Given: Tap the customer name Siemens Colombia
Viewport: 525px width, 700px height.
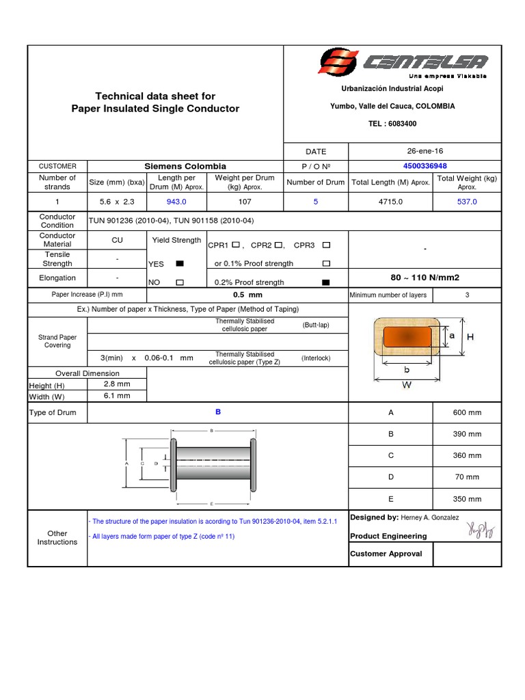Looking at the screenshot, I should pos(185,166).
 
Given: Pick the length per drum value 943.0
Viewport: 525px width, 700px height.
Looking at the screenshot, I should pos(176,202).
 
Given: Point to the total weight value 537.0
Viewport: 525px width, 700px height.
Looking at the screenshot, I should pos(467,202).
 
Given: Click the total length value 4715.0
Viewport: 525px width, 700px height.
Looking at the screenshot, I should pos(390,202).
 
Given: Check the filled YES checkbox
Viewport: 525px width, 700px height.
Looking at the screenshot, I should pos(180,263).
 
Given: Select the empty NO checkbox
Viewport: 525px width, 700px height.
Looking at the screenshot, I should pos(180,282).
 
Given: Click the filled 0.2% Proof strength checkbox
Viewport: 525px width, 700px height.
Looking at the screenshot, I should pos(325,282).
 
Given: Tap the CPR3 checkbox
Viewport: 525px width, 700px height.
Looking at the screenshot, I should pos(326,245).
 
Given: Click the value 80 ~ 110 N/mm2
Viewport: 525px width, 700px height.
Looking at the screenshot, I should pos(425,278).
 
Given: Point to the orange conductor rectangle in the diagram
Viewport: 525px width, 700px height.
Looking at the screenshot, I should pos(408,336).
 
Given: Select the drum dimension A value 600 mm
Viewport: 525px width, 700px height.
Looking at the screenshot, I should pos(467,412).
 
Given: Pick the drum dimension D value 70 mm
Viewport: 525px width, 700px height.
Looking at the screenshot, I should pos(467,477).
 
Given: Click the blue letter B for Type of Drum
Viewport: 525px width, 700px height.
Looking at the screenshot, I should pos(218,412).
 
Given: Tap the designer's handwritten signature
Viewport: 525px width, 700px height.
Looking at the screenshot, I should pos(481,528).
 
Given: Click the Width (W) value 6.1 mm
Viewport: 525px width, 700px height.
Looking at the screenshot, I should pos(117,396).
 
